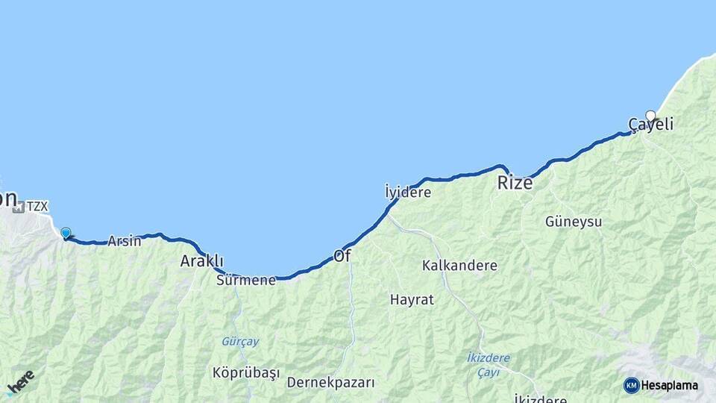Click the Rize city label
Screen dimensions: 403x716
[x=515, y=183]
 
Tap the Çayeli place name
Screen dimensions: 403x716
[x=650, y=125]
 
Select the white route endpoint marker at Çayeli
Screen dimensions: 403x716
[x=650, y=116]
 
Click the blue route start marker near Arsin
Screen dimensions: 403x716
[x=66, y=233]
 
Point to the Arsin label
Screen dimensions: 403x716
[x=124, y=241]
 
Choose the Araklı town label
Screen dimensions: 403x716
[x=201, y=261]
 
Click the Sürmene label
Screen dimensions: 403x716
[x=245, y=281]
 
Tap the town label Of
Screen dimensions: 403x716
[x=342, y=256]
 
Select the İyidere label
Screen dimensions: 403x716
[x=408, y=193]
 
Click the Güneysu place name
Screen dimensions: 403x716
[x=573, y=222]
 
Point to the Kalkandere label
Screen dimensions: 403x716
[x=459, y=265]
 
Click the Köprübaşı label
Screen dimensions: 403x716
[x=245, y=372]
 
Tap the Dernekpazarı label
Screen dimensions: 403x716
[x=330, y=383]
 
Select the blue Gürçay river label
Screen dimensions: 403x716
[x=239, y=341]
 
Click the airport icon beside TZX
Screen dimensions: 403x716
[x=18, y=206]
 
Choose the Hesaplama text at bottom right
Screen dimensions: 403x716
[x=670, y=385]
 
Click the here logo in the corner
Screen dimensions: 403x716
[x=21, y=383]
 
